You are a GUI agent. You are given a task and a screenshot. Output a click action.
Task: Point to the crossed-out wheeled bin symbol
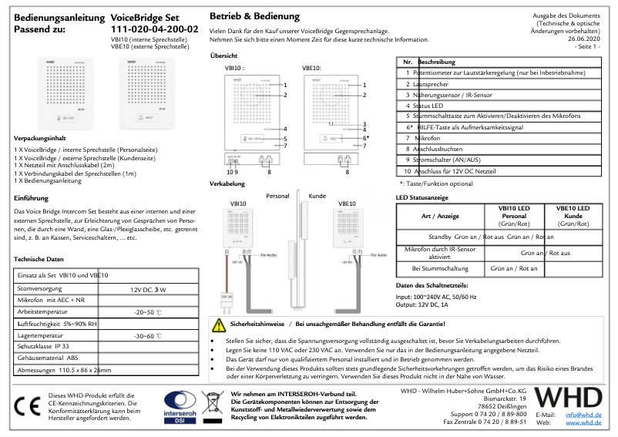tap(212, 405)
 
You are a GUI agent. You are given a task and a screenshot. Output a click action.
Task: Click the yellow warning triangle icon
tap(220, 324)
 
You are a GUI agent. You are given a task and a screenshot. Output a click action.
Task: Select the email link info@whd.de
tap(583, 415)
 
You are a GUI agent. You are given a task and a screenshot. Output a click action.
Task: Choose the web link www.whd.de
tap(583, 422)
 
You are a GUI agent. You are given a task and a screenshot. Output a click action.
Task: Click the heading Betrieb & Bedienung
tap(254, 16)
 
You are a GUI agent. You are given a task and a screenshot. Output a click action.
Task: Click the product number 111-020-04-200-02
tap(154, 29)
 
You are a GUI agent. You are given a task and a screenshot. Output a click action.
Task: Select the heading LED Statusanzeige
tap(423, 197)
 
